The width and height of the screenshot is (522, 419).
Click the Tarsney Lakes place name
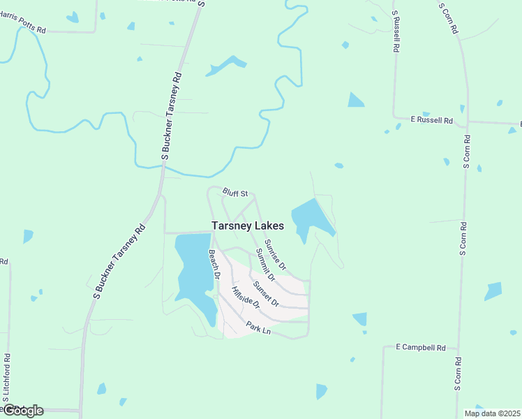[248, 226]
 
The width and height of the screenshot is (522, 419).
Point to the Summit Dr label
[265, 265]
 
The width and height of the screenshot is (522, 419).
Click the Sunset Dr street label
[266, 294]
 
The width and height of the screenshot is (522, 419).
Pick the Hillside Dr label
[246, 298]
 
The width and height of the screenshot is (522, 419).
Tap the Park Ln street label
[258, 327]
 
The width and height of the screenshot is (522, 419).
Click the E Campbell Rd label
[420, 346]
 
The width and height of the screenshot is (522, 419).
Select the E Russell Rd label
[431, 120]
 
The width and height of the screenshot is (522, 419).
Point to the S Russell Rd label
[396, 32]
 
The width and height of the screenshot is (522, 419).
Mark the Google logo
[22, 411]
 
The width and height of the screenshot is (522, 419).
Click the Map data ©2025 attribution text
[492, 413]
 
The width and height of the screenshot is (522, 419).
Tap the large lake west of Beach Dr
[193, 272]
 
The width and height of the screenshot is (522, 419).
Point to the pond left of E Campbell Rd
[360, 319]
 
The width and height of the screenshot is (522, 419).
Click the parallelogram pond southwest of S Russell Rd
[356, 100]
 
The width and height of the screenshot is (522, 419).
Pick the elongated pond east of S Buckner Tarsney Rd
[225, 66]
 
